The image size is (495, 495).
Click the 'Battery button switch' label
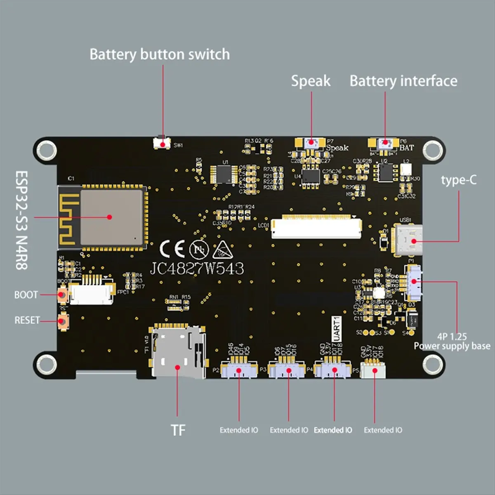tap(160, 54)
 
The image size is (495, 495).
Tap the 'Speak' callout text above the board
tap(311, 81)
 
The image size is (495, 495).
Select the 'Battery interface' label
tap(403, 81)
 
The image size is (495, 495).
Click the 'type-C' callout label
tap(458, 180)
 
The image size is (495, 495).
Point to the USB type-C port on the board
tap(409, 240)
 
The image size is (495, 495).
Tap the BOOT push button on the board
tap(63, 295)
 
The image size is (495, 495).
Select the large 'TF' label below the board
tap(178, 430)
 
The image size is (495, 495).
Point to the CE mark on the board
tap(172, 248)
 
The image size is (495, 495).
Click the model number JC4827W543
tap(197, 269)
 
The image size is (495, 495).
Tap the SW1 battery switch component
tap(162, 143)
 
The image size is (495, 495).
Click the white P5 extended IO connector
tap(374, 370)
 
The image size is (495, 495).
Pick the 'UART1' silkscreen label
tap(337, 329)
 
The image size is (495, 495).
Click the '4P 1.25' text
tap(452, 337)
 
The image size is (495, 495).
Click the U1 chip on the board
tap(224, 174)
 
